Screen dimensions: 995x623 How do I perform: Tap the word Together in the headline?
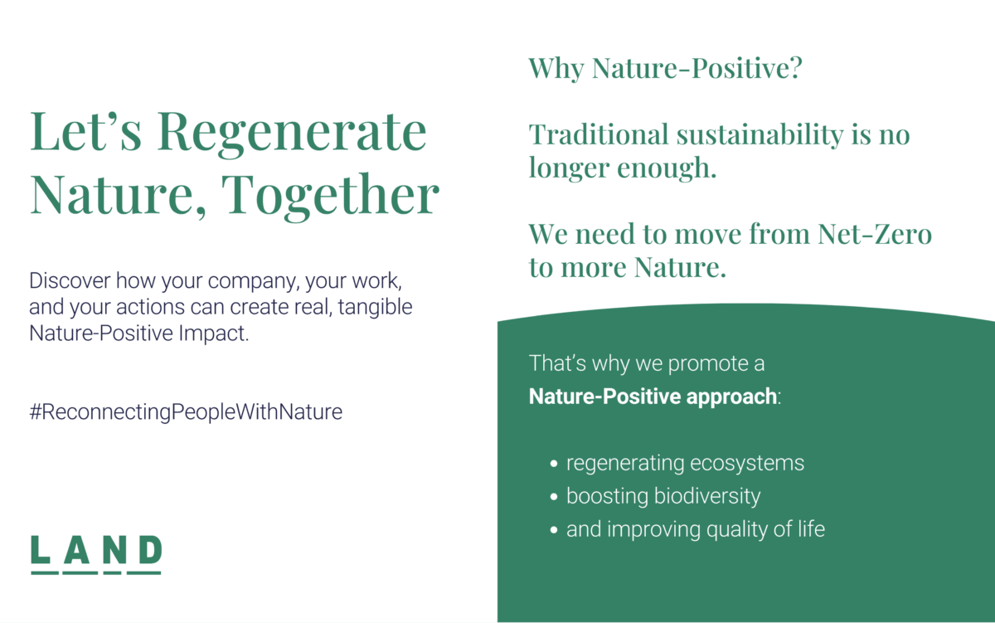click(x=330, y=197)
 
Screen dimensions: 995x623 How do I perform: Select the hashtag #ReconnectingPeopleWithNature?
click(x=186, y=412)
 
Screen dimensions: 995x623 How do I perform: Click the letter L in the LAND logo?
click(x=41, y=549)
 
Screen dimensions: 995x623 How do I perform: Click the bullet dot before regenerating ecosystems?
click(x=554, y=464)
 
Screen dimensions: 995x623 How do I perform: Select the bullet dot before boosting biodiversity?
click(x=554, y=497)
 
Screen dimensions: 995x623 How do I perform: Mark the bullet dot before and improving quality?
click(x=554, y=530)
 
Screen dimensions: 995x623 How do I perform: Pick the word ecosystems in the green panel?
click(x=747, y=464)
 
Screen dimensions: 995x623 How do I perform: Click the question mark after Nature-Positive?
click(x=795, y=68)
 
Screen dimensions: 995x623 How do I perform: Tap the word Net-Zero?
click(x=875, y=234)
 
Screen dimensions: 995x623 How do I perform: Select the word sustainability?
click(x=760, y=134)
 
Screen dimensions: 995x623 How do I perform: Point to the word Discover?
click(x=70, y=281)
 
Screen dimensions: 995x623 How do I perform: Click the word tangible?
click(x=376, y=307)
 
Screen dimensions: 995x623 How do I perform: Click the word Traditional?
click(x=599, y=134)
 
